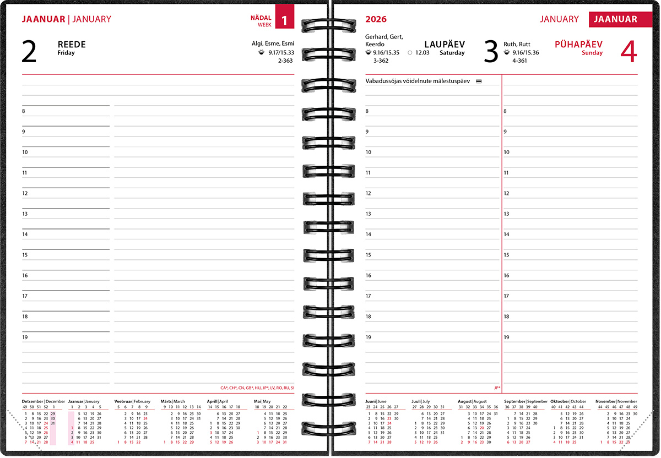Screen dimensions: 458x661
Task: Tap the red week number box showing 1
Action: pyautogui.click(x=284, y=20)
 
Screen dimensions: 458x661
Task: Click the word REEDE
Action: pyautogui.click(x=72, y=45)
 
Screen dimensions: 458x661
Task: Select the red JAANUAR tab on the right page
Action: pyautogui.click(x=615, y=19)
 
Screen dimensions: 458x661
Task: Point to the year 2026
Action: pyautogui.click(x=376, y=19)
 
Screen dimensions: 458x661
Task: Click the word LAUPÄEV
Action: pyautogui.click(x=445, y=44)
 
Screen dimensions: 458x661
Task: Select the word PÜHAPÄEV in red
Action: pyautogui.click(x=578, y=44)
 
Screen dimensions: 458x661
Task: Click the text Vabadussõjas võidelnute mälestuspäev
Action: pyautogui.click(x=418, y=81)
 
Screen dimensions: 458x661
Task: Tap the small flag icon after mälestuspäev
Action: pyautogui.click(x=478, y=81)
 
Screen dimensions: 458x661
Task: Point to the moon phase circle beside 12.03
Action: pyautogui.click(x=410, y=53)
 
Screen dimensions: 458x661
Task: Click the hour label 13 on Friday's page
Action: pyautogui.click(x=25, y=214)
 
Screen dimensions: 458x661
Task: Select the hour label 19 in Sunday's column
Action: pyautogui.click(x=506, y=337)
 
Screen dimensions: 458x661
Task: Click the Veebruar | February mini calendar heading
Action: pyautogui.click(x=132, y=401)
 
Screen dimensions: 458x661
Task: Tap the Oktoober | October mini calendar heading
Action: pyautogui.click(x=568, y=401)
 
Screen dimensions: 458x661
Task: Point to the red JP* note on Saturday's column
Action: pyautogui.click(x=497, y=388)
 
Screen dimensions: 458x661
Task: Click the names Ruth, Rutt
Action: pyautogui.click(x=517, y=44)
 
